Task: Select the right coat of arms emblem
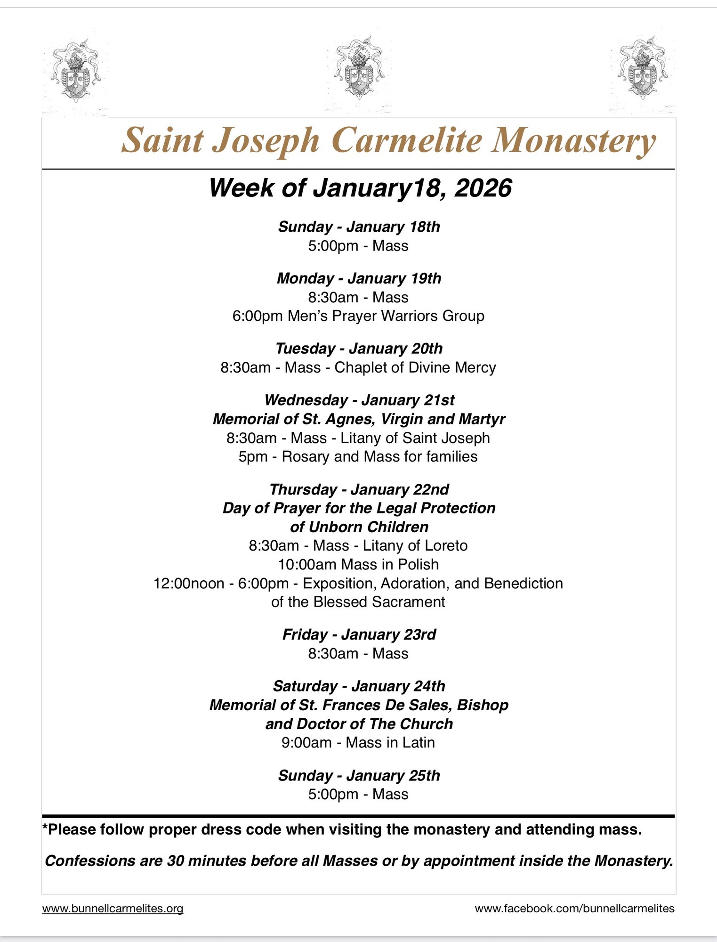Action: pyautogui.click(x=641, y=68)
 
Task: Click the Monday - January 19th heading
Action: pyautogui.click(x=359, y=278)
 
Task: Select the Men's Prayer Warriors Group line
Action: pyautogui.click(x=358, y=316)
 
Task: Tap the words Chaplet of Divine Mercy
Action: pyautogui.click(x=415, y=367)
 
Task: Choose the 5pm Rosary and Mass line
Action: pyautogui.click(x=358, y=456)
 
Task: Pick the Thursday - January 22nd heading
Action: pyautogui.click(x=359, y=489)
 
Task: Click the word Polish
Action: pyautogui.click(x=418, y=564)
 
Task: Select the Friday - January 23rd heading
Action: pyautogui.click(x=359, y=634)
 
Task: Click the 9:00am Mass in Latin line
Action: pyautogui.click(x=358, y=742)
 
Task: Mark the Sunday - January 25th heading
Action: pyautogui.click(x=359, y=775)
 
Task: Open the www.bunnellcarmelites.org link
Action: pyautogui.click(x=113, y=909)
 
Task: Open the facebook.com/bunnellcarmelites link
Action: pyautogui.click(x=574, y=909)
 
